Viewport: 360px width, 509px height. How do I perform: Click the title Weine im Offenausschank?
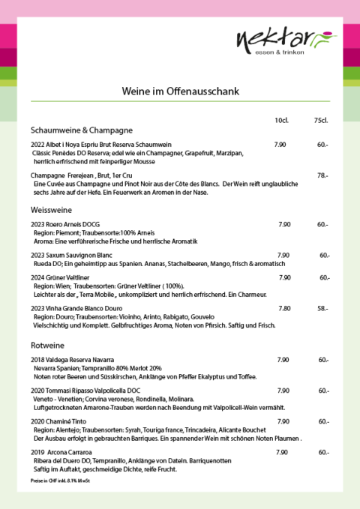point(180,91)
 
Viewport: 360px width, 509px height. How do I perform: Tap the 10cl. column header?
point(281,121)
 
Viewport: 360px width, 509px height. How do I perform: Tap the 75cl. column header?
point(321,121)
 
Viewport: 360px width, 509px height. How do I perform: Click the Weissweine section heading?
point(52,209)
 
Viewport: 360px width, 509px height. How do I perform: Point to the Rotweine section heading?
point(48,346)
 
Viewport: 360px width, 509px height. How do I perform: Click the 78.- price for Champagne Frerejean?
point(322,175)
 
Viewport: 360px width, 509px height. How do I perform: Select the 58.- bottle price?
point(322,308)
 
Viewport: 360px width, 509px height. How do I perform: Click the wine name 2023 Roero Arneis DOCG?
point(65,224)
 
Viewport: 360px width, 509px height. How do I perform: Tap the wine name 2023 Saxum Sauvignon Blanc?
point(70,255)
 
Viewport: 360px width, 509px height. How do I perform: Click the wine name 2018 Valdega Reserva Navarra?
point(73,360)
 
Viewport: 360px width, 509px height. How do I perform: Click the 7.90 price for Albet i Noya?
point(280,144)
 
